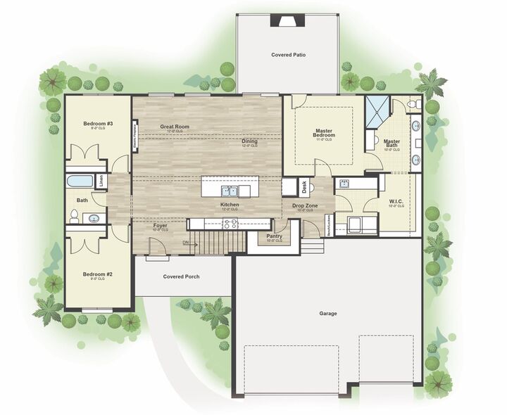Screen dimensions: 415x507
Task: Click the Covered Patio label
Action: pos(288,54)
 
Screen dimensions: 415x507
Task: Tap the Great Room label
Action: pos(175,127)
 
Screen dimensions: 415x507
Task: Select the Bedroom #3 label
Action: pos(98,124)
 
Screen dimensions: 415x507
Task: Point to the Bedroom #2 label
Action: pos(98,274)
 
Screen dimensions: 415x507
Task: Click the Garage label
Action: pos(328,313)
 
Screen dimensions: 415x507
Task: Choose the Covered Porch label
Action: pos(181,276)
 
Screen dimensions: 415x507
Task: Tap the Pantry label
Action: pos(275,236)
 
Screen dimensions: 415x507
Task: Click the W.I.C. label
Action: pos(396,203)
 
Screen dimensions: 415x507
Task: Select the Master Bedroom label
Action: pos(324,132)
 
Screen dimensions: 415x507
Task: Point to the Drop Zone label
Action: pos(305,205)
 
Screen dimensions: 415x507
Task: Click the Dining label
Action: pos(250,141)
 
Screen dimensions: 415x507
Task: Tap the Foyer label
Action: pos(161,226)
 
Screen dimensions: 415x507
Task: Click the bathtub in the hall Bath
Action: pos(80,181)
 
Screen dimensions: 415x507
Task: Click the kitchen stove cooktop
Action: pos(230,224)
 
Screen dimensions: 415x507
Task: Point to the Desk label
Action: pos(304,187)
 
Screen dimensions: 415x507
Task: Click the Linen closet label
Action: pos(103,181)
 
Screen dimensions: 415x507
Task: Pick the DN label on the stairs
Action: pos(185,243)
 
